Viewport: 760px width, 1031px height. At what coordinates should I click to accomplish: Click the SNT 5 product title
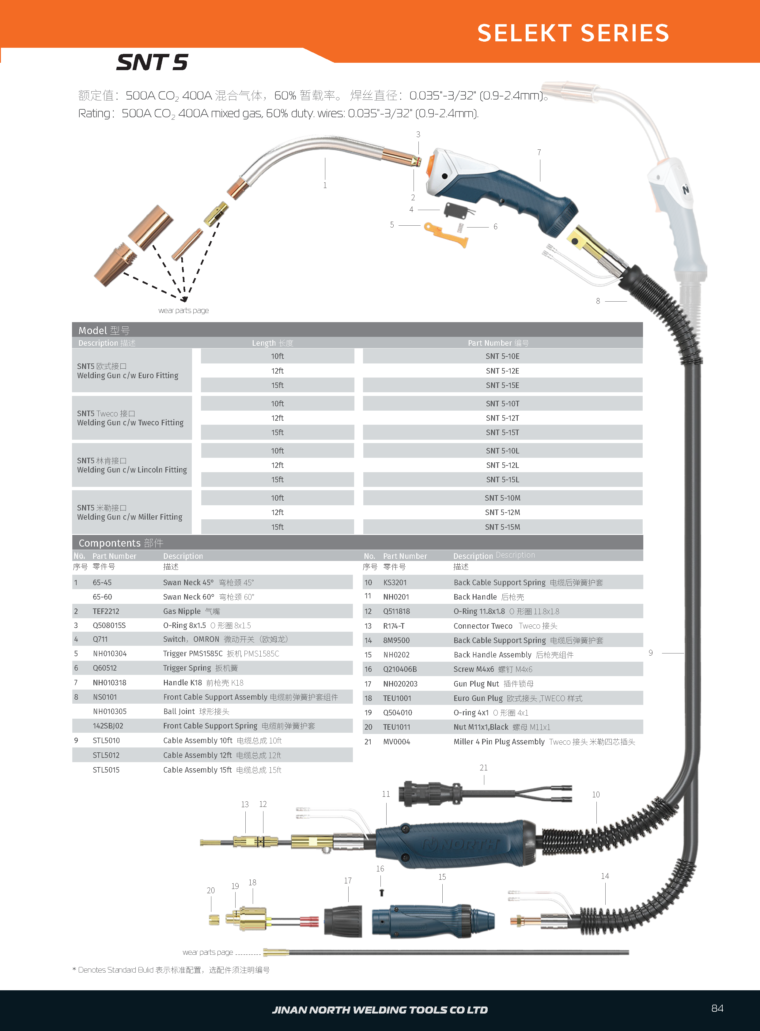click(152, 62)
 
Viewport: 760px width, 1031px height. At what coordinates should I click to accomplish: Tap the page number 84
click(717, 1008)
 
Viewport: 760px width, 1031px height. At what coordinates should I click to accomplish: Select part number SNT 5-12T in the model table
click(502, 418)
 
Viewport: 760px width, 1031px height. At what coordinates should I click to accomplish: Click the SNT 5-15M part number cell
click(502, 527)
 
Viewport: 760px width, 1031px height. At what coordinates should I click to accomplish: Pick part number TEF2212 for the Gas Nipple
click(106, 611)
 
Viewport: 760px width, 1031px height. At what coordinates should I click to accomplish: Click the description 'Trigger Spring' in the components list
click(187, 668)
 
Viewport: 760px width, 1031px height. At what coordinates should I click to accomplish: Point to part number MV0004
click(397, 742)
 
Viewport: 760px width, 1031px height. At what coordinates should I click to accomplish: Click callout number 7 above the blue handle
click(539, 152)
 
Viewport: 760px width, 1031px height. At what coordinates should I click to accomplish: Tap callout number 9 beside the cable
click(651, 653)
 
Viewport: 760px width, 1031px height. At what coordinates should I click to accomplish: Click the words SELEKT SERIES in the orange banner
click(573, 33)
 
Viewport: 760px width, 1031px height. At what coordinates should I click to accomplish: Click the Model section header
click(104, 330)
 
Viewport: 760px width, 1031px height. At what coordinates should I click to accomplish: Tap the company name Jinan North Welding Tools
click(380, 1010)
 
